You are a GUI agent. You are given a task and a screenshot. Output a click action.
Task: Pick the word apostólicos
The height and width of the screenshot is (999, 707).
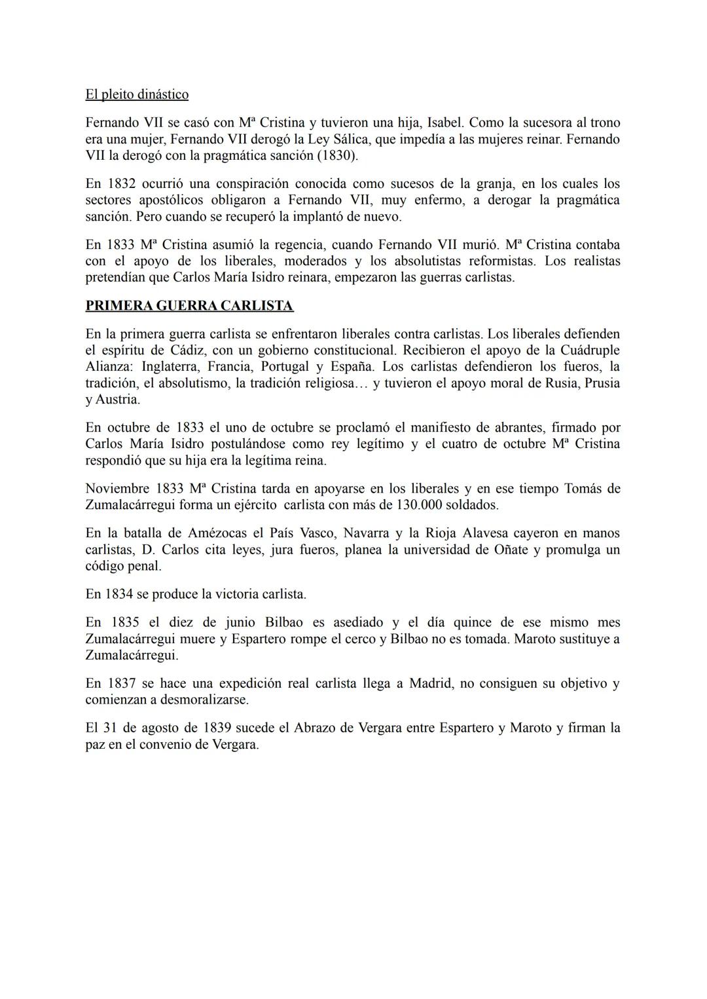(170, 200)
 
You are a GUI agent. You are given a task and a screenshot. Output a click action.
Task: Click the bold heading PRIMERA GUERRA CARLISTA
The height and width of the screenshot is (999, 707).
(189, 306)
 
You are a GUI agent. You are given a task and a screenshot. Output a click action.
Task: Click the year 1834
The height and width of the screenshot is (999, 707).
(120, 594)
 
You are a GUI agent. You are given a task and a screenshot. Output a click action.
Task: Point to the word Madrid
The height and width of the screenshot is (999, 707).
(431, 683)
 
